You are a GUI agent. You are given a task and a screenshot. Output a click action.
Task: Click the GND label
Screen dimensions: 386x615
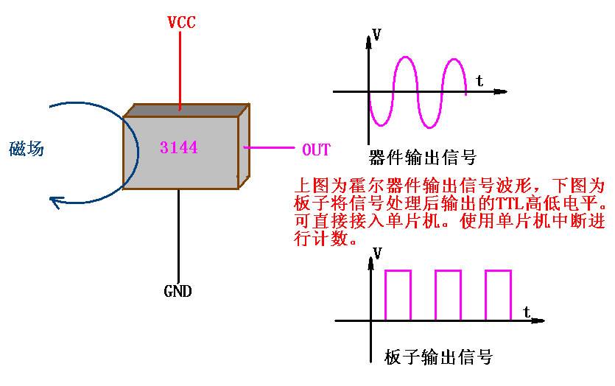[178, 291]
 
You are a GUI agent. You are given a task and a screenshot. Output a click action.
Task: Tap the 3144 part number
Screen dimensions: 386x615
[178, 148]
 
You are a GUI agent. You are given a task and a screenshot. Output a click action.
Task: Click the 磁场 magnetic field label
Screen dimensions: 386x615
[27, 149]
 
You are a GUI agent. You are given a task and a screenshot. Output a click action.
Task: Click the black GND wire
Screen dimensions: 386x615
[178, 236]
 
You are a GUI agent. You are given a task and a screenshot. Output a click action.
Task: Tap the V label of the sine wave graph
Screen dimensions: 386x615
[377, 35]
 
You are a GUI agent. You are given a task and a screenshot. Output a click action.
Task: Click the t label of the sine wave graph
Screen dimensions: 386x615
[479, 80]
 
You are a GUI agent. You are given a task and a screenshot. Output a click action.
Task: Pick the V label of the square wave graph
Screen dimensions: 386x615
[378, 254]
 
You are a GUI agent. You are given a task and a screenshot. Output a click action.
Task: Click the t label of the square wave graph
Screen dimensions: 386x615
[527, 312]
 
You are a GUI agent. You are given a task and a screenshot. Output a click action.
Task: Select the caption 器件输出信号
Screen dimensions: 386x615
[422, 158]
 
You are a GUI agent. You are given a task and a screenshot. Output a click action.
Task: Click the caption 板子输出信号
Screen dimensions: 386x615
[438, 358]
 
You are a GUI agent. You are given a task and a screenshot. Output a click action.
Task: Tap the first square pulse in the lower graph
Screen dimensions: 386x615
[397, 295]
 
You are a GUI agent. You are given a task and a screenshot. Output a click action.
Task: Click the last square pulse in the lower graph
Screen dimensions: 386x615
[497, 295]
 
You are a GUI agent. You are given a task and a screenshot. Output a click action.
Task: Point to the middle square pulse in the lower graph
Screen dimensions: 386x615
[447, 295]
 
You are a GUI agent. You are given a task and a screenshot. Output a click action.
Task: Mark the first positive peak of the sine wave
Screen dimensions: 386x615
[406, 57]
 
